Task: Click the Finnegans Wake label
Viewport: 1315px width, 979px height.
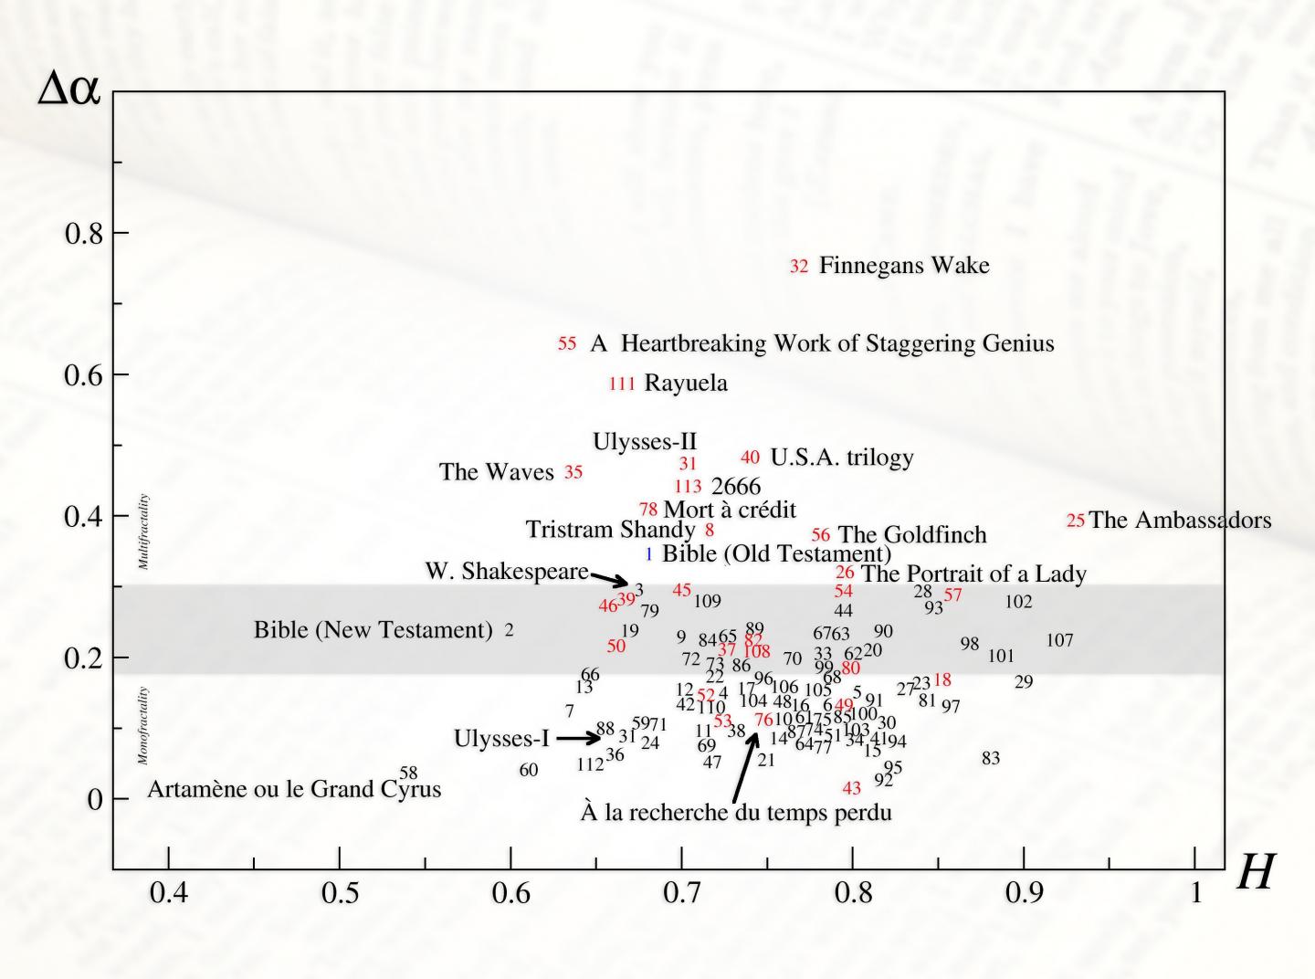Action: (903, 266)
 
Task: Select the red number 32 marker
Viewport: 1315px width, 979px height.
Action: (799, 267)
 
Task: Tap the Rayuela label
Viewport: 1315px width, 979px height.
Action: (686, 383)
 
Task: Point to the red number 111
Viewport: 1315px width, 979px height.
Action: (622, 384)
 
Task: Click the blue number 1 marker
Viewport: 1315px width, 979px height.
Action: (648, 553)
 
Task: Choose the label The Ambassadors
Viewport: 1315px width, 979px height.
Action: (1180, 521)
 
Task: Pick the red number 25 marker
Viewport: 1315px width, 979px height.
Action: (1076, 521)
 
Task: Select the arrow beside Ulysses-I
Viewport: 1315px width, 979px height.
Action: (578, 738)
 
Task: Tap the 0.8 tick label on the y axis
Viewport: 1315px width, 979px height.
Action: (83, 234)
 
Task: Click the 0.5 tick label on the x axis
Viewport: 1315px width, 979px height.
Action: (340, 892)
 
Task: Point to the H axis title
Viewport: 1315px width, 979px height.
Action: (1256, 873)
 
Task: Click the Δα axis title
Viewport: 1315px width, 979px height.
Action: (68, 89)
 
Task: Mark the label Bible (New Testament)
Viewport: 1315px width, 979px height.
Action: (373, 630)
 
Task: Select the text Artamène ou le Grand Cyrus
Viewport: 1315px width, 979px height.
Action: (294, 789)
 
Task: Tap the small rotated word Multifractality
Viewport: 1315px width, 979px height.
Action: (143, 532)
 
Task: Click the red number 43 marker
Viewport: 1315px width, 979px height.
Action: (851, 788)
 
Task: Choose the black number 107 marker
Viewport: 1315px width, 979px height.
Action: (1059, 640)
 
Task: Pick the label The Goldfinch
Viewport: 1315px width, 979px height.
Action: (911, 534)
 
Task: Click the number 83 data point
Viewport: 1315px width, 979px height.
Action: (991, 758)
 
